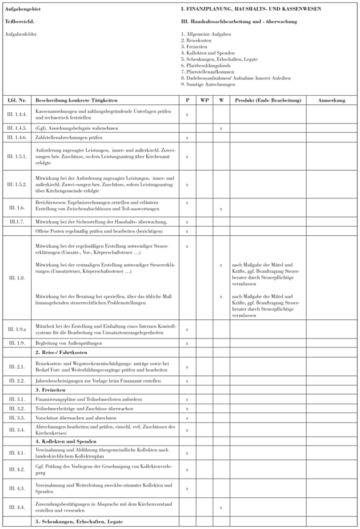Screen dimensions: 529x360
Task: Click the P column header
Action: pos(187,100)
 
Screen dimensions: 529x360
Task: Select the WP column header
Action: pos(204,100)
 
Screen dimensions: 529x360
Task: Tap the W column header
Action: pos(221,100)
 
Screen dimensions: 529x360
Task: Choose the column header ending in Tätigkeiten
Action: pos(68,100)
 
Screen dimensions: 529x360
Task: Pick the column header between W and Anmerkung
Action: pos(268,100)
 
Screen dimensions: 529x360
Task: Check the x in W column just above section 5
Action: pos(221,507)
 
